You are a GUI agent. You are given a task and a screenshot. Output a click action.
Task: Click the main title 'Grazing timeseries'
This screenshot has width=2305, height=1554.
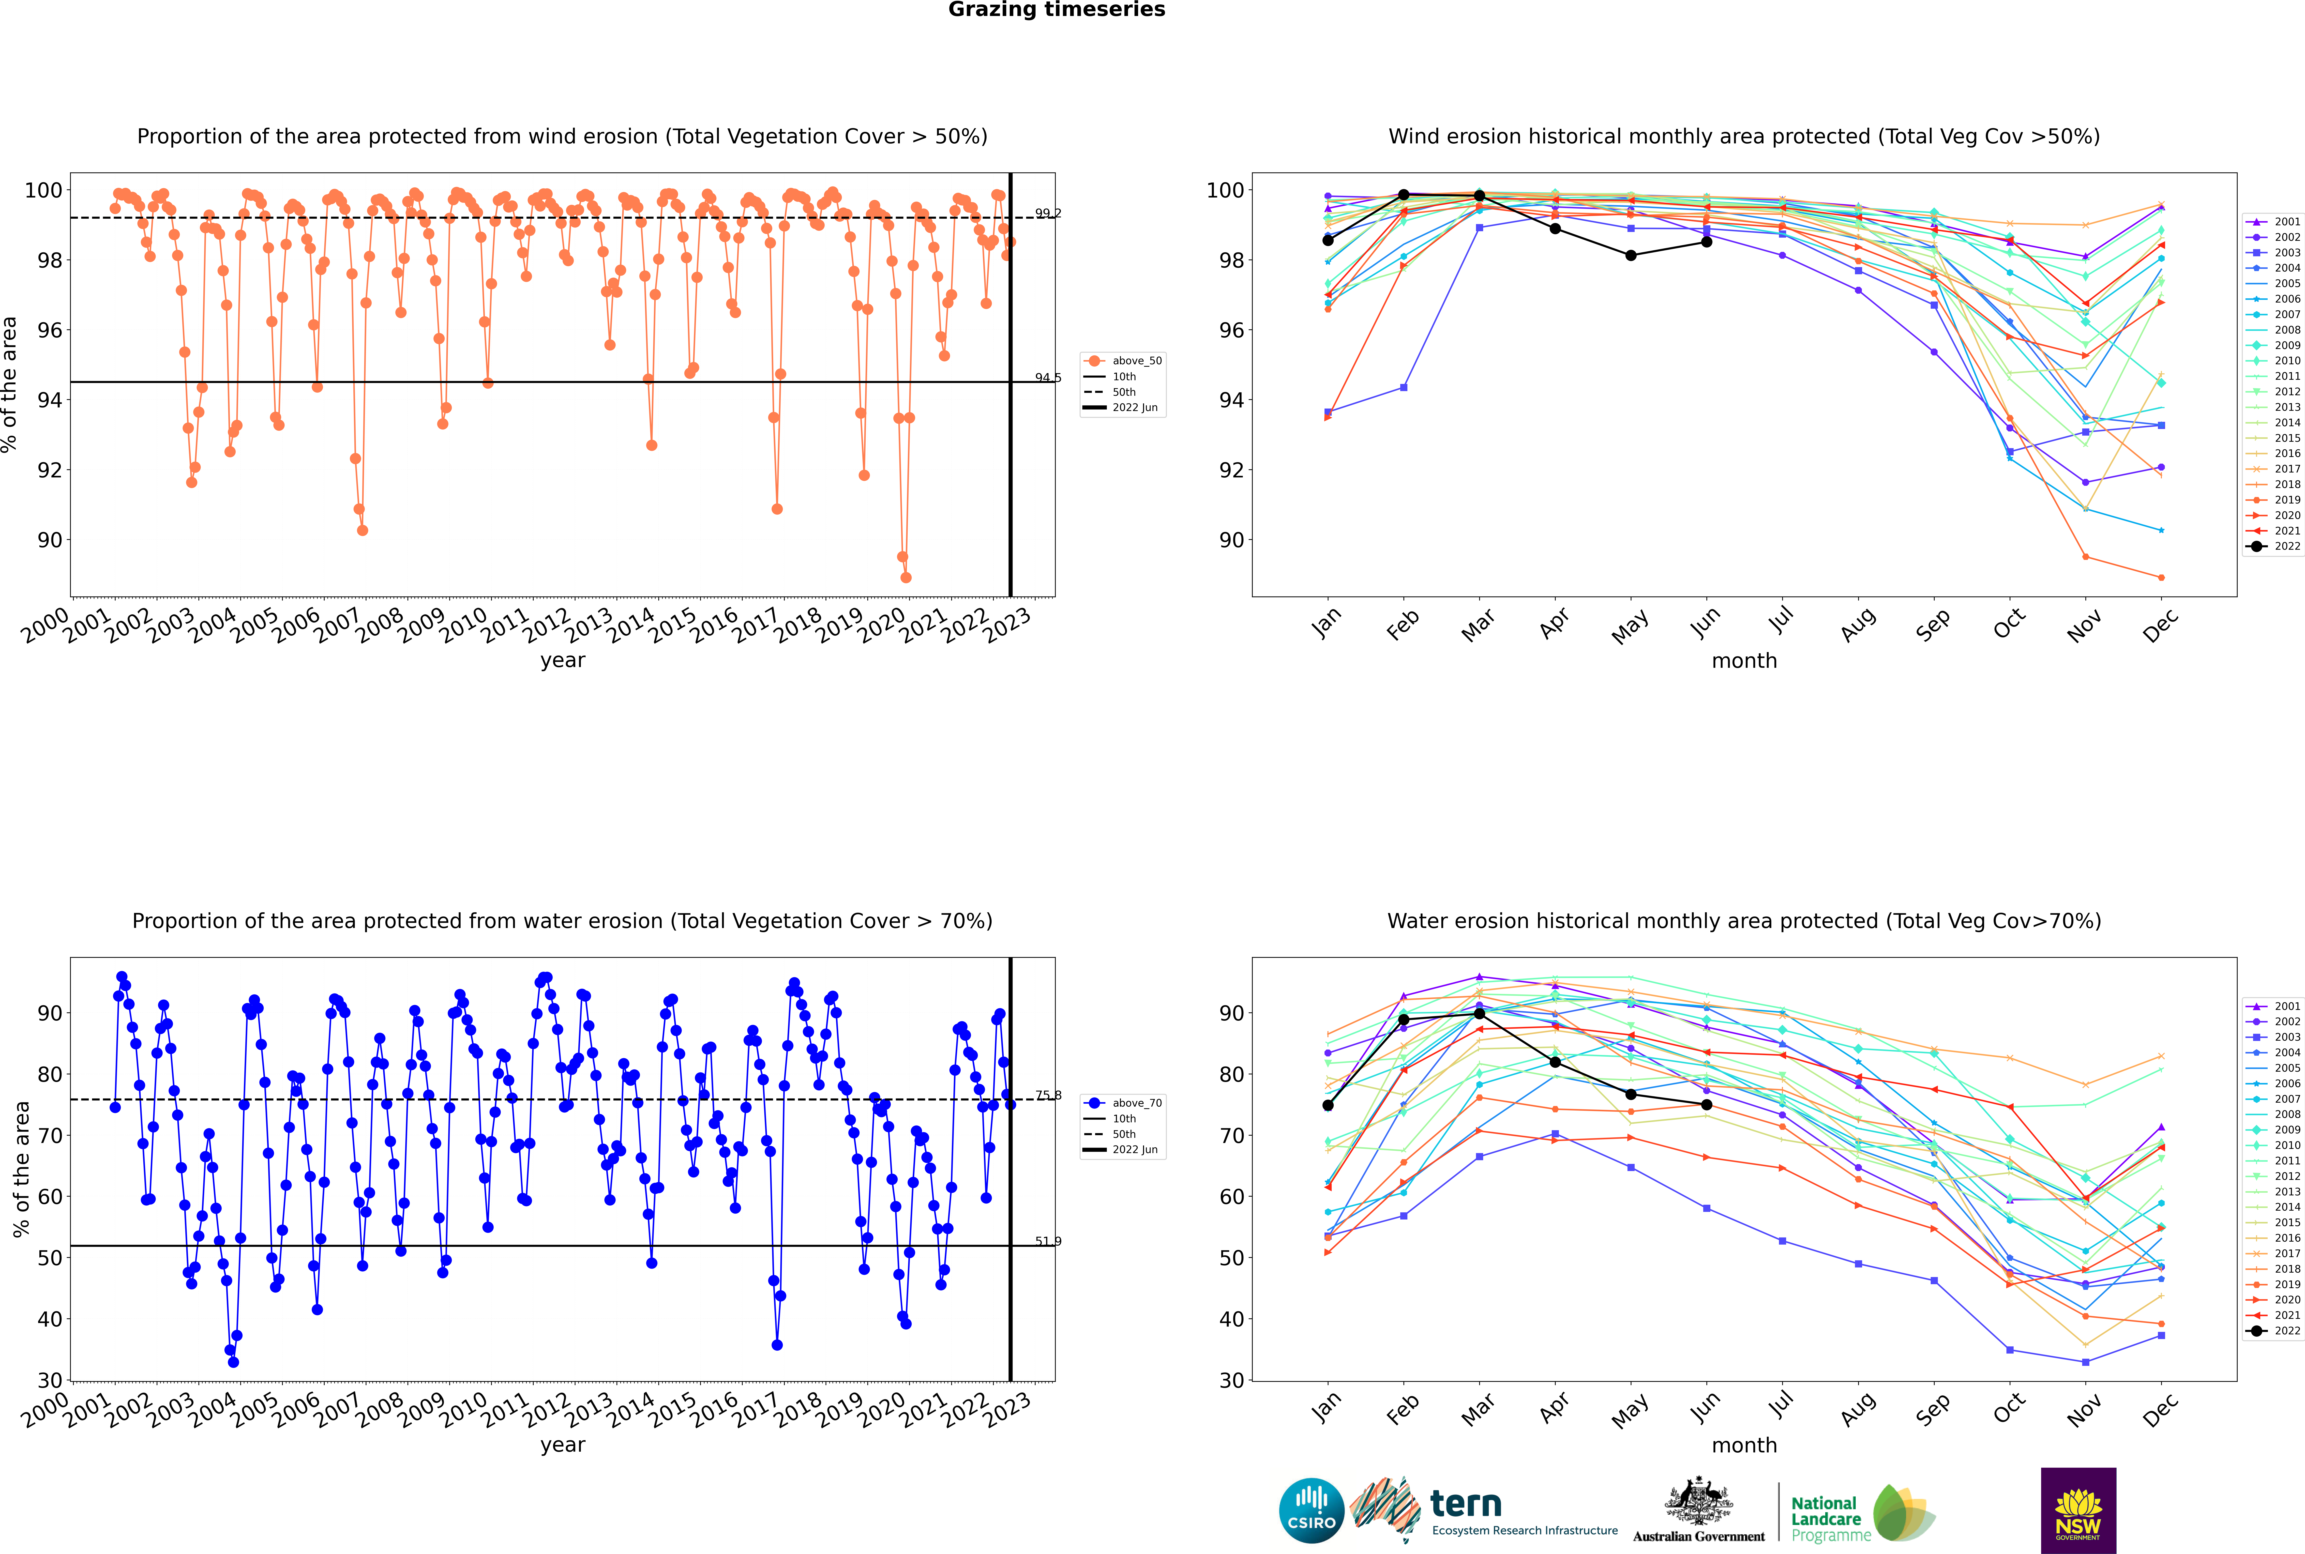coord(1056,10)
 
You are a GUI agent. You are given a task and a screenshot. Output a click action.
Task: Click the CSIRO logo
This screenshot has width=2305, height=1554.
coord(1311,1510)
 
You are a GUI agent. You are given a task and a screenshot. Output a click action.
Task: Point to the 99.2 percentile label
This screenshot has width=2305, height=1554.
coord(1047,213)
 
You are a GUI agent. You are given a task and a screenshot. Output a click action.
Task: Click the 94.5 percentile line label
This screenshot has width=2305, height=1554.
coord(1047,378)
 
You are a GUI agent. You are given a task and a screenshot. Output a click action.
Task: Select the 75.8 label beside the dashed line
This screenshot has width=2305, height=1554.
coord(1047,1095)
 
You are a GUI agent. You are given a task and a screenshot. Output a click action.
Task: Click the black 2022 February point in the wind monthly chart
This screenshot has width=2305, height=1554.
coord(1403,195)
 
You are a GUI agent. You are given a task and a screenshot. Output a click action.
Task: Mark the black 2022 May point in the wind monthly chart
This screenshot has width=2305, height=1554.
coord(1630,256)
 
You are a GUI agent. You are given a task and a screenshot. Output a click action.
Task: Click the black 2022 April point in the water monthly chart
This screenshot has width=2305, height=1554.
coord(1555,1062)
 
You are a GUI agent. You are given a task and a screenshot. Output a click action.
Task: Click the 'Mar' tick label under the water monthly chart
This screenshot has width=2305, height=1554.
coord(1477,1409)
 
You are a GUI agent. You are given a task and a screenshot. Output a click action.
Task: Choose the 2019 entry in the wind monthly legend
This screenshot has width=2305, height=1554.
coord(2287,500)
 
